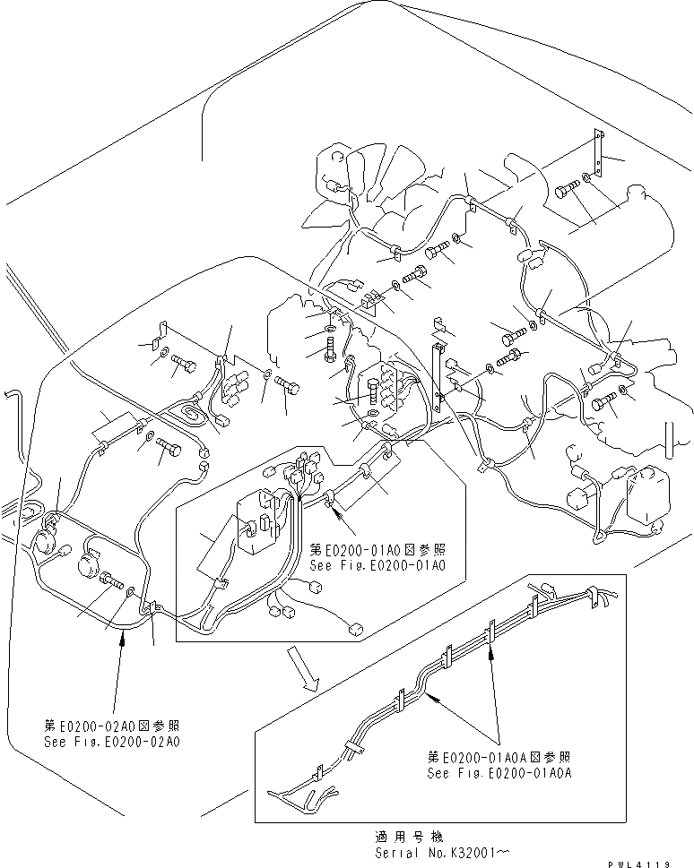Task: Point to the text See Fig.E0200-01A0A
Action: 499,772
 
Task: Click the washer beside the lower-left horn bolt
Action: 133,592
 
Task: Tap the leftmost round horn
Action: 45,540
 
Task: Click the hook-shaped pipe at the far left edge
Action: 11,403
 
